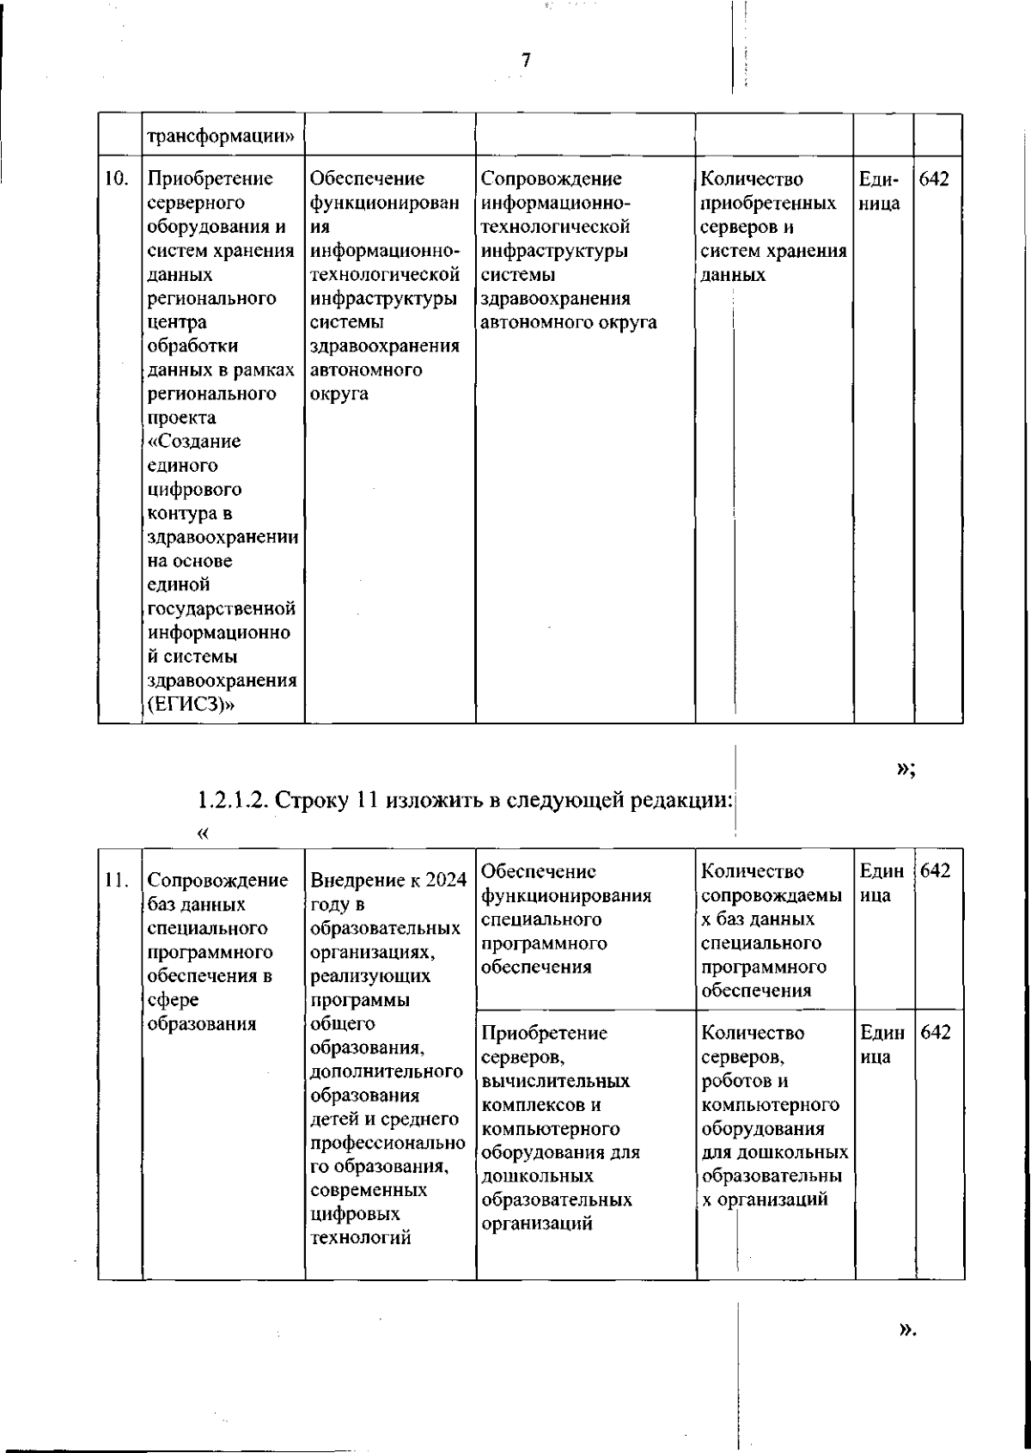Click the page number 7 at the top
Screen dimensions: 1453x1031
coord(526,59)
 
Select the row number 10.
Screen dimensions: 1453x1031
coord(116,180)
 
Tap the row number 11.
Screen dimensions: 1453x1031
coord(116,880)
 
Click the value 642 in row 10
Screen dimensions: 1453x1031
coord(934,180)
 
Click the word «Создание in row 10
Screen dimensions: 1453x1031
coord(194,442)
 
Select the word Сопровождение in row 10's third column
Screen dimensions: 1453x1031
coord(551,180)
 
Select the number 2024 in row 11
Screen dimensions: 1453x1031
coord(445,881)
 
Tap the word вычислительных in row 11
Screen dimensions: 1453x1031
coord(556,1081)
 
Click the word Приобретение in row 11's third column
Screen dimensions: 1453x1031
coord(545,1033)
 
